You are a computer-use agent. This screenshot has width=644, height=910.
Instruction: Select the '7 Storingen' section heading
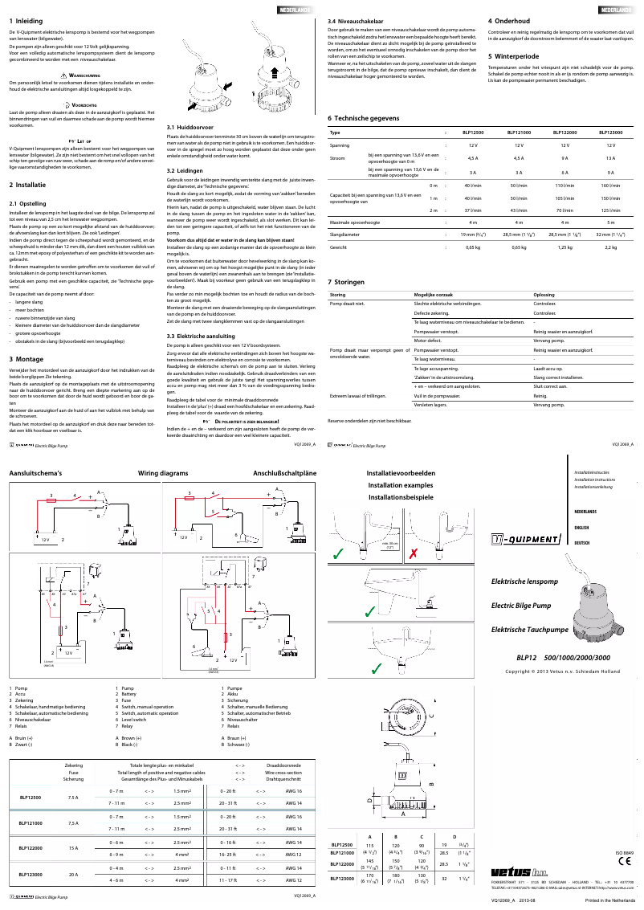(x=347, y=282)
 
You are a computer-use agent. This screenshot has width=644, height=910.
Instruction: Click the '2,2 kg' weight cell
(x=610, y=247)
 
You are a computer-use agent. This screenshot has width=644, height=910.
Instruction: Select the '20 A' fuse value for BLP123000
(x=73, y=874)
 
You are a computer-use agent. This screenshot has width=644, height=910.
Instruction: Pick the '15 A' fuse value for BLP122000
(x=73, y=847)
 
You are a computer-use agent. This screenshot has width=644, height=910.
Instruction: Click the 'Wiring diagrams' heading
(x=163, y=475)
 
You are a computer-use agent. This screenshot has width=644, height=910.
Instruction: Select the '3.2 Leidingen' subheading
(x=185, y=171)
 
